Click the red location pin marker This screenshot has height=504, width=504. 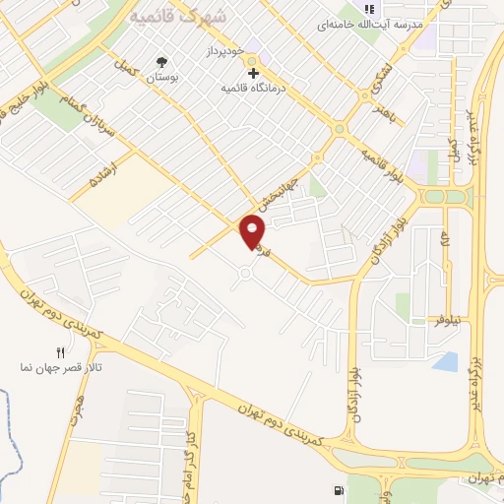pos(253,232)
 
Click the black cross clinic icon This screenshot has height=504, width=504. pos(253,74)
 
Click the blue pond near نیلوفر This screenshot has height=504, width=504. pos(445,361)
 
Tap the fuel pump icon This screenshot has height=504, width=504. pos(341,490)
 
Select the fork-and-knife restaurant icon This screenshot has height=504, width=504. pos(60,352)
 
